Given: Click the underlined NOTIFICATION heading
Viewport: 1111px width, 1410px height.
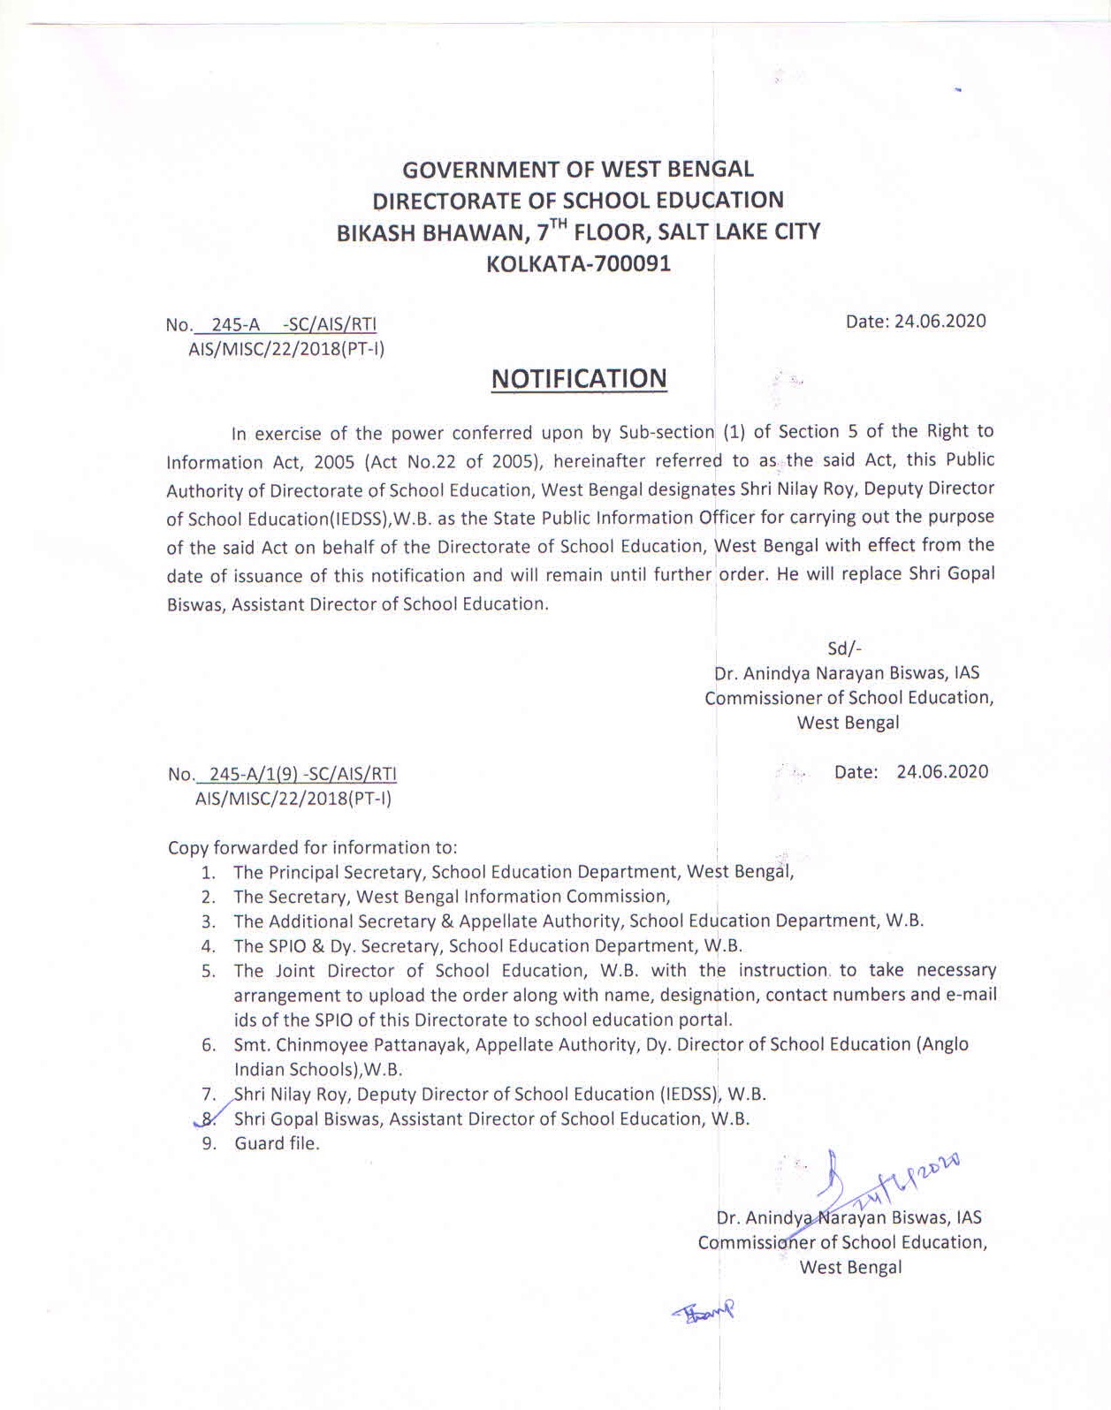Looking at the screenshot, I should (579, 378).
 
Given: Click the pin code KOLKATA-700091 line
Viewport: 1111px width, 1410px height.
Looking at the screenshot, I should (579, 264).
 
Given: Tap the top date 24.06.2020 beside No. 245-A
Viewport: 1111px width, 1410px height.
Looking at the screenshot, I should (940, 321).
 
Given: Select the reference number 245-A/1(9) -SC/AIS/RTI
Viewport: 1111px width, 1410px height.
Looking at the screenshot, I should (298, 774).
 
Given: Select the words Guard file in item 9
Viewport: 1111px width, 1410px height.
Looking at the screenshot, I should (276, 1143).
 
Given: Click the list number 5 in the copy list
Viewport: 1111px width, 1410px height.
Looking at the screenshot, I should (209, 971).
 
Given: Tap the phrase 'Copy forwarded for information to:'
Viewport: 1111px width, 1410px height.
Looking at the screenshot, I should (312, 847).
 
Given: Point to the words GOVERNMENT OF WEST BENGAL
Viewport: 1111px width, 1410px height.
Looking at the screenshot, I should (578, 169).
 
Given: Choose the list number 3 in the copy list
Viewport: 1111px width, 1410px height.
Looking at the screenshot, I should (209, 921).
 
